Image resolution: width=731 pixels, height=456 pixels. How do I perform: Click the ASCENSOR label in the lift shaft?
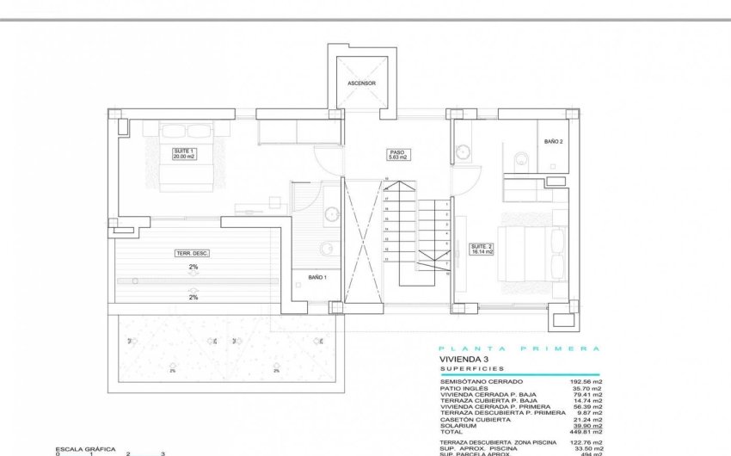click(x=361, y=83)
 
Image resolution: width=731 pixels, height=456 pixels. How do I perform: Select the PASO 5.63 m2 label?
click(x=397, y=155)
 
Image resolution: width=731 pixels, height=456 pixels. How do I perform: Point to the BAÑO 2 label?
click(x=554, y=141)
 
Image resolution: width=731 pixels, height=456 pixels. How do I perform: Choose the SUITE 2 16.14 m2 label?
click(x=481, y=250)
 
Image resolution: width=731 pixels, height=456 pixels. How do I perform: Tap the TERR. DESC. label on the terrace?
click(x=193, y=253)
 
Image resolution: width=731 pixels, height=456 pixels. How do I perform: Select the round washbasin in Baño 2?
click(x=465, y=155)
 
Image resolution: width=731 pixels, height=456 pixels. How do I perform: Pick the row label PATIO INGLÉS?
click(x=464, y=388)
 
